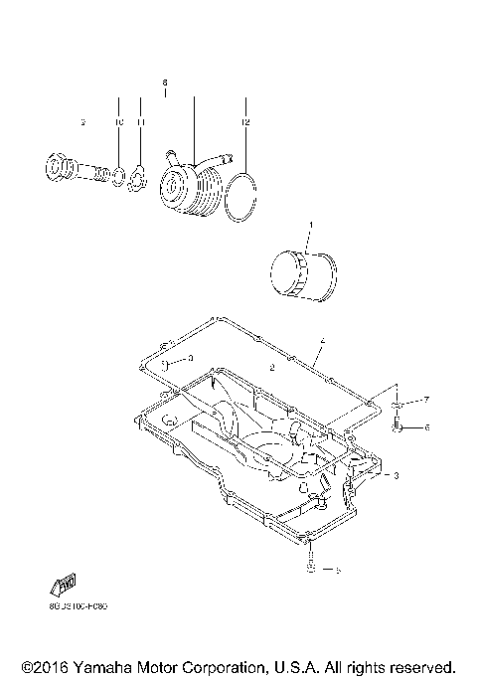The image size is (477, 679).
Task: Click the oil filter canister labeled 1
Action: tap(303, 274)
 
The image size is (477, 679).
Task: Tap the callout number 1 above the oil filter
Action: tap(309, 226)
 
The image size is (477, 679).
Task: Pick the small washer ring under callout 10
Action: tap(118, 177)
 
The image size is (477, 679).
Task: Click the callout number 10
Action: tap(117, 121)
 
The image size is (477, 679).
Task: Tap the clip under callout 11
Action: tap(140, 180)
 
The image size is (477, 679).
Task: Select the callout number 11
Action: tap(140, 121)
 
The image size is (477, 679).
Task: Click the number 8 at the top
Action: tap(165, 81)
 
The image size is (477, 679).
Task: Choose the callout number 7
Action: tap(426, 400)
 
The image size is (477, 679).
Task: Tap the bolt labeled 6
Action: tap(397, 426)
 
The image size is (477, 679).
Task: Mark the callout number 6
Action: tap(426, 427)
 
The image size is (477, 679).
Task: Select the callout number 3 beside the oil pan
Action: tap(396, 477)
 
